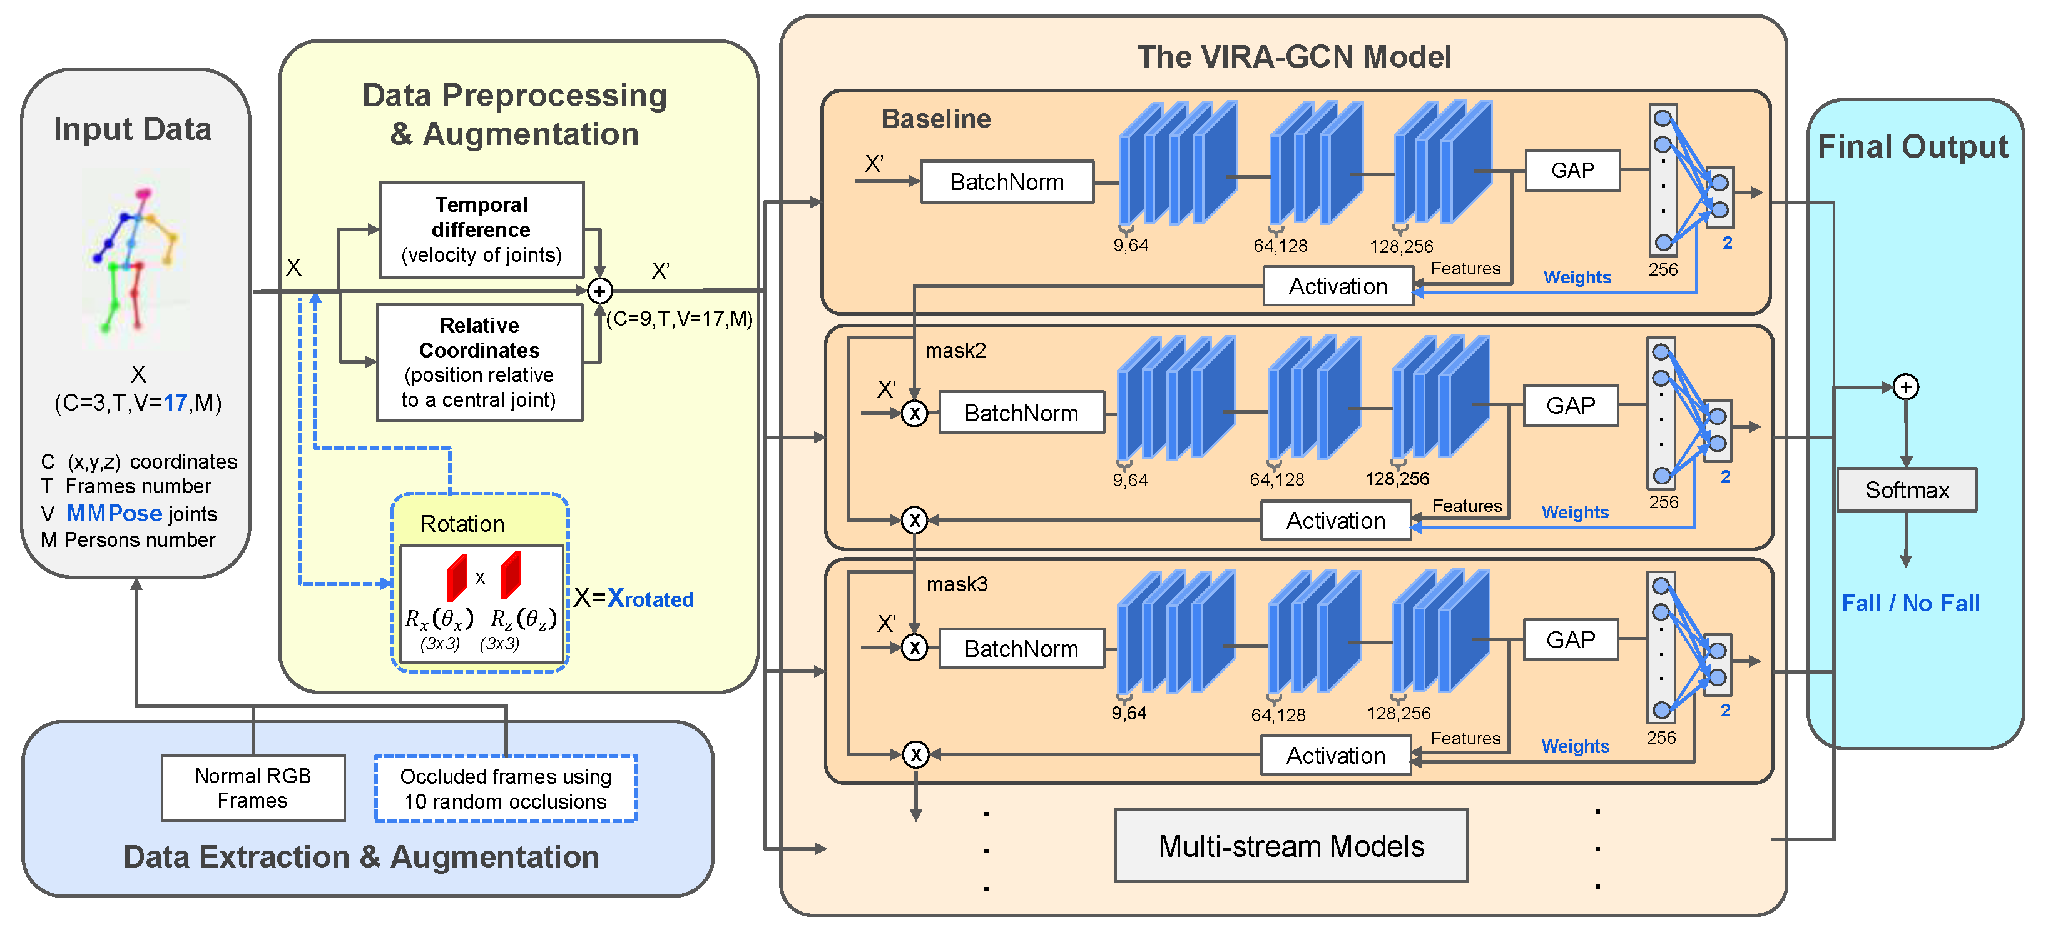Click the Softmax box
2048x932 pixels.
pos(1906,490)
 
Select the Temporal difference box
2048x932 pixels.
pos(482,229)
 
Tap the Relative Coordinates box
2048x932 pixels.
pos(479,363)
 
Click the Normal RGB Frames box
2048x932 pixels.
pos(253,788)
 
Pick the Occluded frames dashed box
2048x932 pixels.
pos(506,788)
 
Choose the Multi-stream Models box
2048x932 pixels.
pos(1290,846)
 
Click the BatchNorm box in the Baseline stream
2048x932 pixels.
pos(1007,182)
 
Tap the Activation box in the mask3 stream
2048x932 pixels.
pos(1336,755)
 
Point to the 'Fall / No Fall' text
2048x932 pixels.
pos(1910,603)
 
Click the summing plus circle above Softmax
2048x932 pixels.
pos(1906,387)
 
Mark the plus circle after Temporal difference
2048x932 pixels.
pos(599,291)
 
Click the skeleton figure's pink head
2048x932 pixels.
pos(144,193)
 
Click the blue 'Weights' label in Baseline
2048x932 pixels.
pos(1577,278)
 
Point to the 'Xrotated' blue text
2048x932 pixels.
pos(650,598)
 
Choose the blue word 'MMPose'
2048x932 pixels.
pos(115,513)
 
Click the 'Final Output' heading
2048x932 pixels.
pos(1912,147)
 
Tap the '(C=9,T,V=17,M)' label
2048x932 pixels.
pos(679,319)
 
